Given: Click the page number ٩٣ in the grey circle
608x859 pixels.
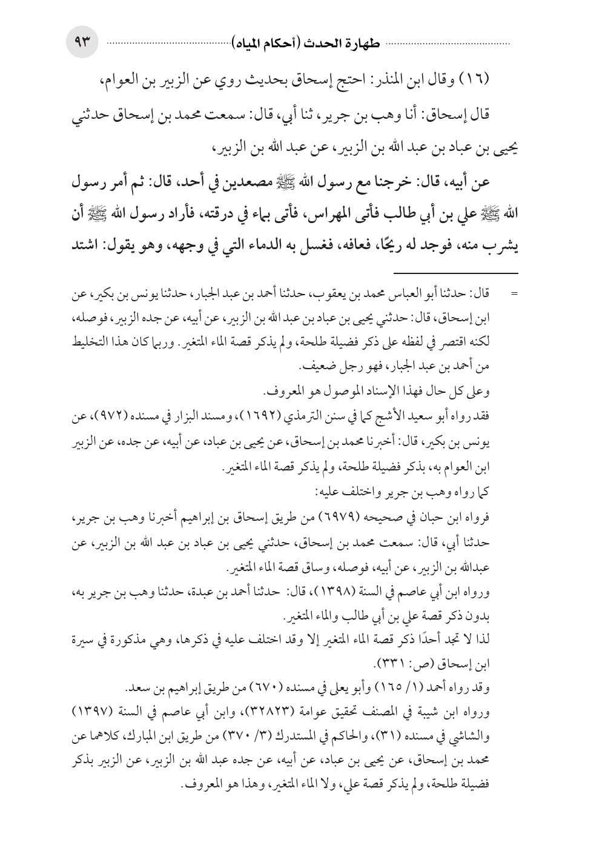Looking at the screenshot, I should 82,43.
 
